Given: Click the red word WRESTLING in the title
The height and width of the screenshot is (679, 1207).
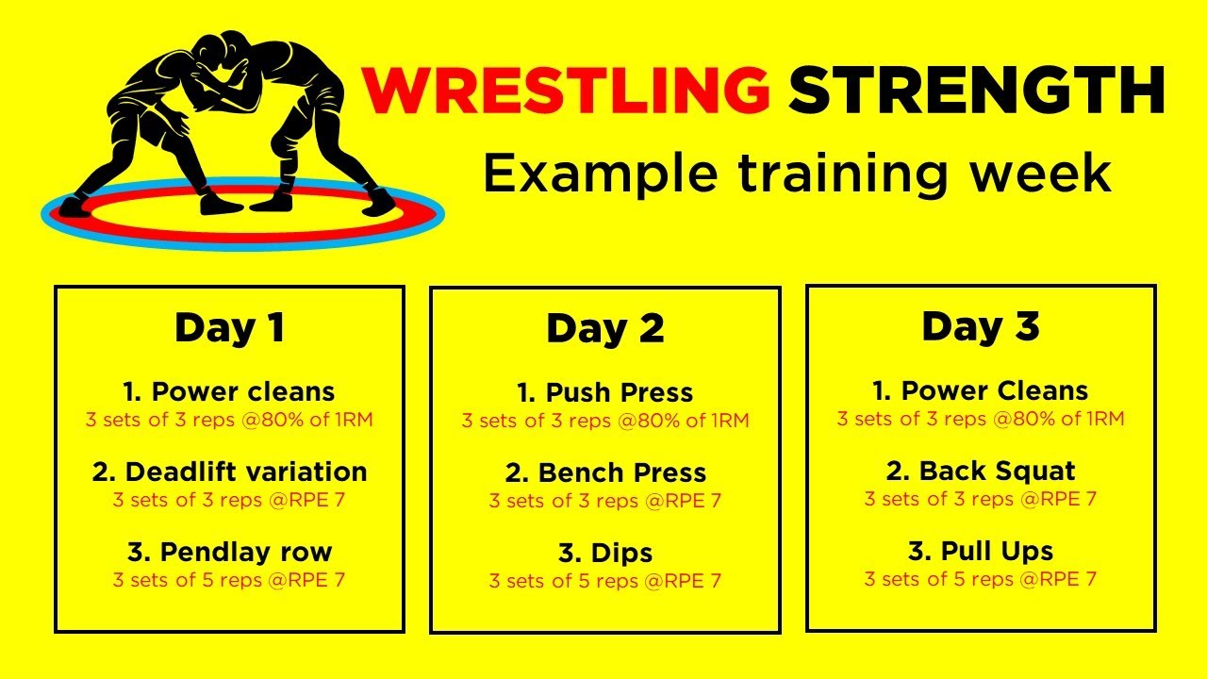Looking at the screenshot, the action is (566, 90).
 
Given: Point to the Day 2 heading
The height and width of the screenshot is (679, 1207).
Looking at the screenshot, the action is (605, 329).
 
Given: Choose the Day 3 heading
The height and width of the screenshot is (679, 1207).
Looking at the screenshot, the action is (981, 327).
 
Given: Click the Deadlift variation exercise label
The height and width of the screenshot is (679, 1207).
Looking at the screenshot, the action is (229, 472).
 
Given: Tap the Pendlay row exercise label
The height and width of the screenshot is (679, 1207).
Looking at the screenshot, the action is (230, 553).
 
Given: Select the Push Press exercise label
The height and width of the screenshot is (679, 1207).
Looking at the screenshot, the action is (605, 393).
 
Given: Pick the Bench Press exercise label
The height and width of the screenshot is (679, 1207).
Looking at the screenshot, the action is (605, 473).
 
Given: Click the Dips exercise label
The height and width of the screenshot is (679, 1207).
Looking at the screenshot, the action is (605, 554).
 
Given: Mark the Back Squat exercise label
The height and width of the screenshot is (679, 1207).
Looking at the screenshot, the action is (981, 471).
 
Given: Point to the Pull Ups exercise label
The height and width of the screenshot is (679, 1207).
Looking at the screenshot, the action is (981, 552).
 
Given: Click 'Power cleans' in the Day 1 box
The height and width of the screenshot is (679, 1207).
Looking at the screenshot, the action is (229, 391).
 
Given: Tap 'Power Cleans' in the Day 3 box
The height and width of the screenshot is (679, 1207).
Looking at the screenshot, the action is (981, 390).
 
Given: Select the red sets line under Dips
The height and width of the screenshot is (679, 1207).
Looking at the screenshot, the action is (605, 581).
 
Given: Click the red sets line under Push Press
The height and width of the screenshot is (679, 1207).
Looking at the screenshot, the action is (605, 421).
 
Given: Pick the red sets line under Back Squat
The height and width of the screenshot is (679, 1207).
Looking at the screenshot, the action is (981, 499).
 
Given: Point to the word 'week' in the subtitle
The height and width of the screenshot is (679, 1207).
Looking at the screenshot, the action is (1041, 174).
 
